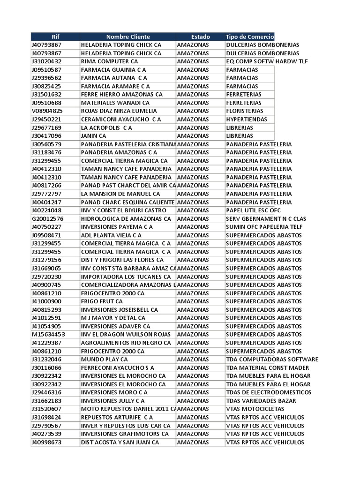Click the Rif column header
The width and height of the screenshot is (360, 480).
coord(55,37)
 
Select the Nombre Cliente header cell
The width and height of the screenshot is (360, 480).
coord(128,37)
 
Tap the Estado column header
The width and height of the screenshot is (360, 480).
coord(200,37)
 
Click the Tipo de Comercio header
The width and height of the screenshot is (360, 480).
coord(249,37)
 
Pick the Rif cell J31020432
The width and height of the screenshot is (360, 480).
coord(46,61)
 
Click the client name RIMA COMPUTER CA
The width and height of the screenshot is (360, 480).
coord(109,61)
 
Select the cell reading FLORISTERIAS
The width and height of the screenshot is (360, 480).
coord(244,111)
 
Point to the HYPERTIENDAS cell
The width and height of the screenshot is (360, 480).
coord(246,119)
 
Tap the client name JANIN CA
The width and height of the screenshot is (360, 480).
coord(94,136)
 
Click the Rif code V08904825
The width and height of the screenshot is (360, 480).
coord(47,111)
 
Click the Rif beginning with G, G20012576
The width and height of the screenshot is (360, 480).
coord(47,219)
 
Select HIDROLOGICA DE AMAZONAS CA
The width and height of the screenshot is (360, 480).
coord(126,219)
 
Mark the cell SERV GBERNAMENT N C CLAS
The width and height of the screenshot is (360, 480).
coord(265,219)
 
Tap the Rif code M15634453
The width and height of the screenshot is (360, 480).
coord(48,335)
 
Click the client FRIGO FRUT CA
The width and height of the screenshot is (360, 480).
coord(102,301)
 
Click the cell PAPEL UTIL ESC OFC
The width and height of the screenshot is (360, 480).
coord(253,210)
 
